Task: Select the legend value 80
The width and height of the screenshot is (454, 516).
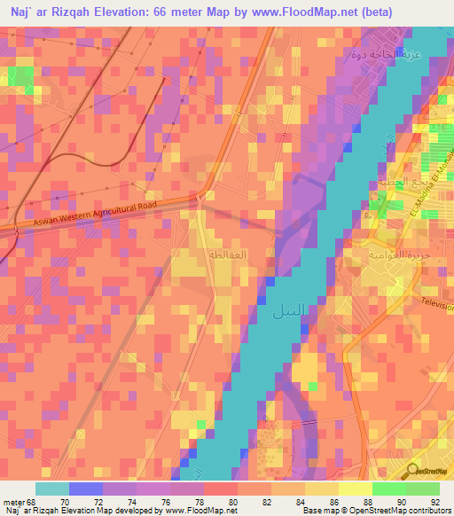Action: pyautogui.click(x=232, y=500)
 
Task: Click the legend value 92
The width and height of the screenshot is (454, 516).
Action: pyautogui.click(x=434, y=500)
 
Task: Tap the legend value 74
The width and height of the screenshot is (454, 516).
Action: pyautogui.click(x=131, y=500)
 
